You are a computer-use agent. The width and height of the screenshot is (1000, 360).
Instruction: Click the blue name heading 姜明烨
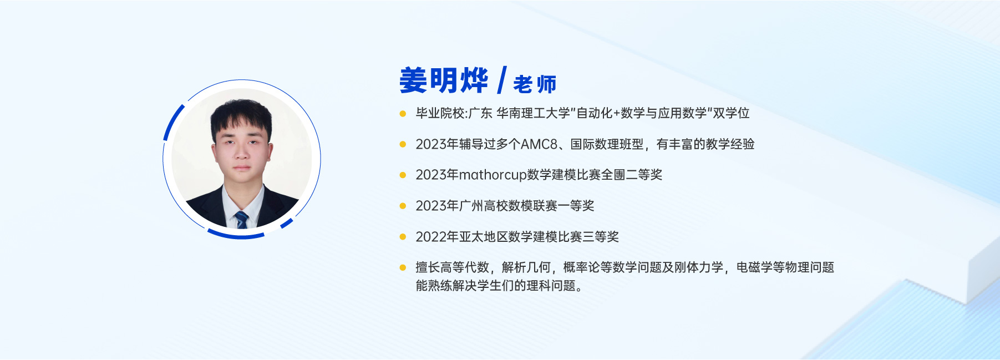coord(444,81)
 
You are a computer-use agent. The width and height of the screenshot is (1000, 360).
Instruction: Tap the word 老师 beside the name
coord(535,84)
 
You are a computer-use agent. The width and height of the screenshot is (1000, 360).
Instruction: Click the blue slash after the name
coord(502,80)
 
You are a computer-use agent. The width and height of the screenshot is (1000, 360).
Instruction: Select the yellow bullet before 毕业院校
coord(403,114)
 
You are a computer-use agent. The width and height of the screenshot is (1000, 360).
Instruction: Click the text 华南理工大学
coord(533,113)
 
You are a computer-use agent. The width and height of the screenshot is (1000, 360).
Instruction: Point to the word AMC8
coord(539,144)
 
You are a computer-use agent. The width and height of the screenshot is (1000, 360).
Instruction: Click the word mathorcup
coord(493,175)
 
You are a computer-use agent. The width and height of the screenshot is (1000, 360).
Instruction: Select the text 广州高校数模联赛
coord(508,206)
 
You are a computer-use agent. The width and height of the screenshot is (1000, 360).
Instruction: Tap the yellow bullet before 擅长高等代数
coord(403,267)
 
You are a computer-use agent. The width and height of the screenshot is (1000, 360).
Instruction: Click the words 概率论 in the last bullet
coord(581,267)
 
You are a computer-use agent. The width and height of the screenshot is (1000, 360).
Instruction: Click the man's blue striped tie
coord(241,220)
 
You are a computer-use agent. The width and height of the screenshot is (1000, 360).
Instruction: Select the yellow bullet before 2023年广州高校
coord(403,206)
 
